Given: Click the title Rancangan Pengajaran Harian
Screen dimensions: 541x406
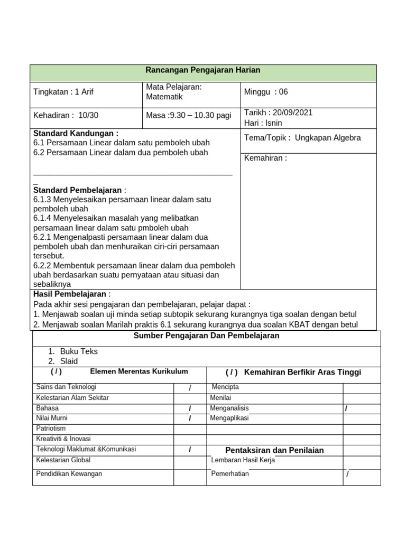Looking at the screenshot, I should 203,70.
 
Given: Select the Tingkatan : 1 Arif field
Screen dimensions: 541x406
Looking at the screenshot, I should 63,92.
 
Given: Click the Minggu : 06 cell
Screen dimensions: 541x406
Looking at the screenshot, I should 266,92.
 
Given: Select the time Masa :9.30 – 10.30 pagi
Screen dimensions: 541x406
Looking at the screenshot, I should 189,115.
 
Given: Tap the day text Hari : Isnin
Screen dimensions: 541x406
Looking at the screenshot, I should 263,123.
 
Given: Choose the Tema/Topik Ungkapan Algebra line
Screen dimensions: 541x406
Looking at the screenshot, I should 302,138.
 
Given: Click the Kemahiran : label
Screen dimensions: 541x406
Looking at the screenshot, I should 265,157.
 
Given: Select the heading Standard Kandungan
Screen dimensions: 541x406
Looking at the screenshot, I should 76,134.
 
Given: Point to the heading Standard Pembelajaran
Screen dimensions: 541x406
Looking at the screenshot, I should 80,190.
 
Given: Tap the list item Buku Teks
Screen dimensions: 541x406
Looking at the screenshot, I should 79,351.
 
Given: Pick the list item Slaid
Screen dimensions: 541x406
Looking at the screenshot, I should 69,361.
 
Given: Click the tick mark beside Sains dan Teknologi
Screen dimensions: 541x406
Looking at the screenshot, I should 190,388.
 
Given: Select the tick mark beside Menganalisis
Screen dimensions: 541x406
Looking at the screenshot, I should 346,408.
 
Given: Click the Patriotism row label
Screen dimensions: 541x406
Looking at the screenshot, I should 51,428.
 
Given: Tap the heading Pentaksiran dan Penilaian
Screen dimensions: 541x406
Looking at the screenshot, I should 274,450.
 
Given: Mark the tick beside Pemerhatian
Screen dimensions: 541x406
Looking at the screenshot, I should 347,474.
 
